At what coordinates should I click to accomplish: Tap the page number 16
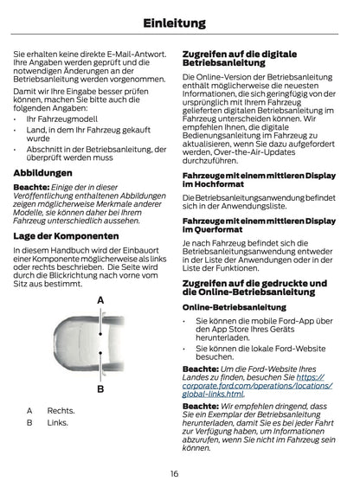coord(174,473)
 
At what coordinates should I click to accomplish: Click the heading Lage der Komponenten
coord(67,235)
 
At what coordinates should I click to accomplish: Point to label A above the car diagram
coord(100,299)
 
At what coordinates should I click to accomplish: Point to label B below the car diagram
coord(100,389)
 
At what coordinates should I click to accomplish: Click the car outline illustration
coord(100,343)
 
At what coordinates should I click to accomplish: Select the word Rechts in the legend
coord(61,410)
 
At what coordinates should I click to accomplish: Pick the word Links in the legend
coord(58,422)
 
